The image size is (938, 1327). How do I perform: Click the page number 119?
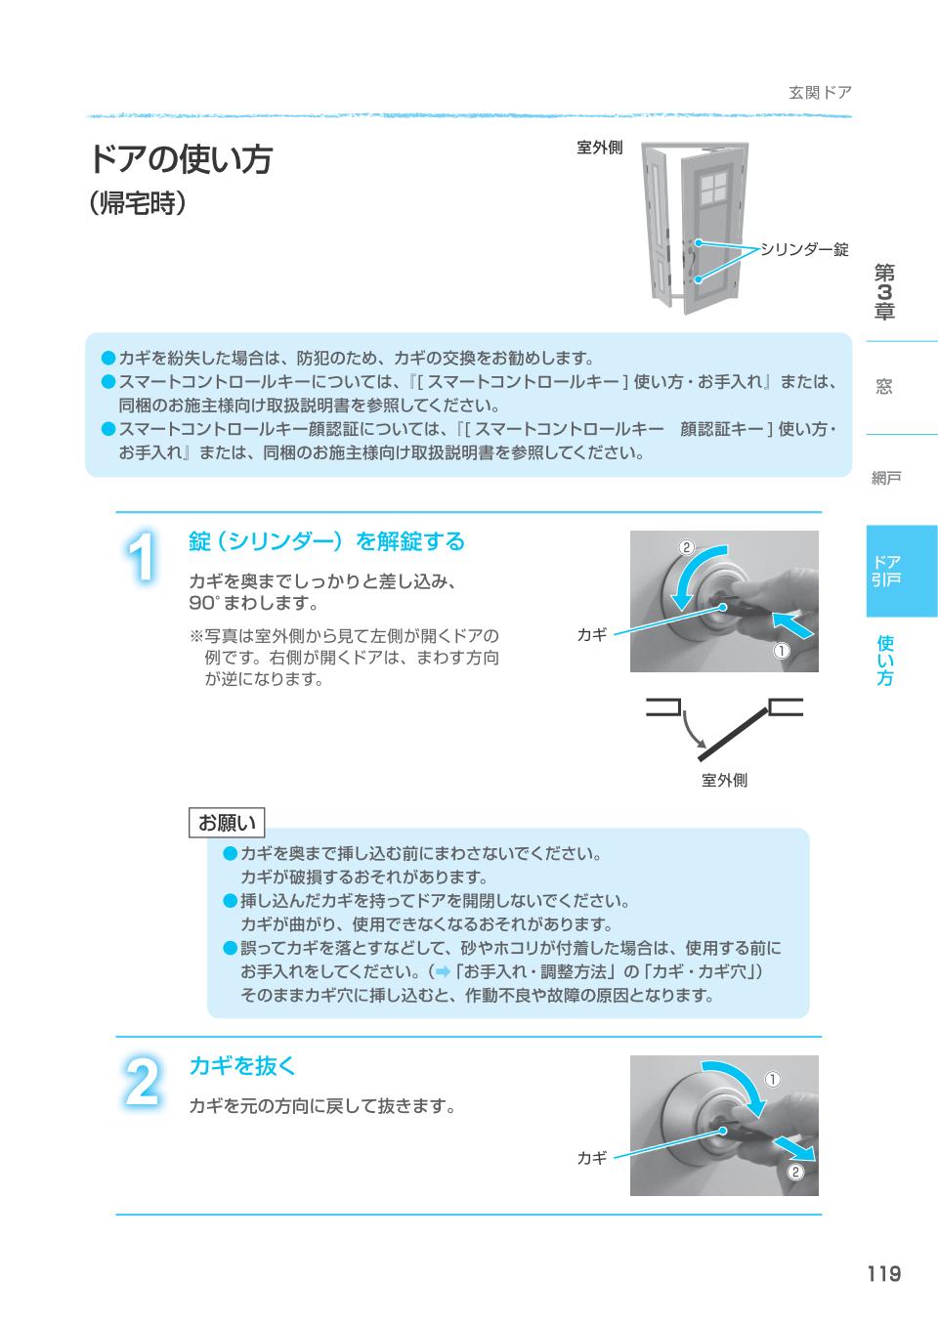(881, 1273)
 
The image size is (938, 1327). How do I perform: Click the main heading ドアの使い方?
(181, 159)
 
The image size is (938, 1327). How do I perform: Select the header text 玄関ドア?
(820, 93)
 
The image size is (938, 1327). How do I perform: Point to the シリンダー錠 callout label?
(804, 250)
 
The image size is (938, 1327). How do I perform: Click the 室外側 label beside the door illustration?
(599, 148)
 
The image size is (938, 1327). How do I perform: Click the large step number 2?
(143, 1083)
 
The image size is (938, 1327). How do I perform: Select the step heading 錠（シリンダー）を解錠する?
(326, 541)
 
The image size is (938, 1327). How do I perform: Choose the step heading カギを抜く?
(241, 1065)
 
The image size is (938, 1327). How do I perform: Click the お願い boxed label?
(227, 823)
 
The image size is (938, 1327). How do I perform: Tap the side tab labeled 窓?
(884, 387)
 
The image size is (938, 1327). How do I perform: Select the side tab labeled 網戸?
(885, 478)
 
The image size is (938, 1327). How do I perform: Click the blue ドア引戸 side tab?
(886, 571)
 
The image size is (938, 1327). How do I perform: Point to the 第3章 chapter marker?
(884, 292)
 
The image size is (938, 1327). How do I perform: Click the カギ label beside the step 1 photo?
(592, 634)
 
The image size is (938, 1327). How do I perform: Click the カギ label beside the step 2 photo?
(592, 1157)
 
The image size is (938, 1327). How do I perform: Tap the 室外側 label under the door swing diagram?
(724, 780)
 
